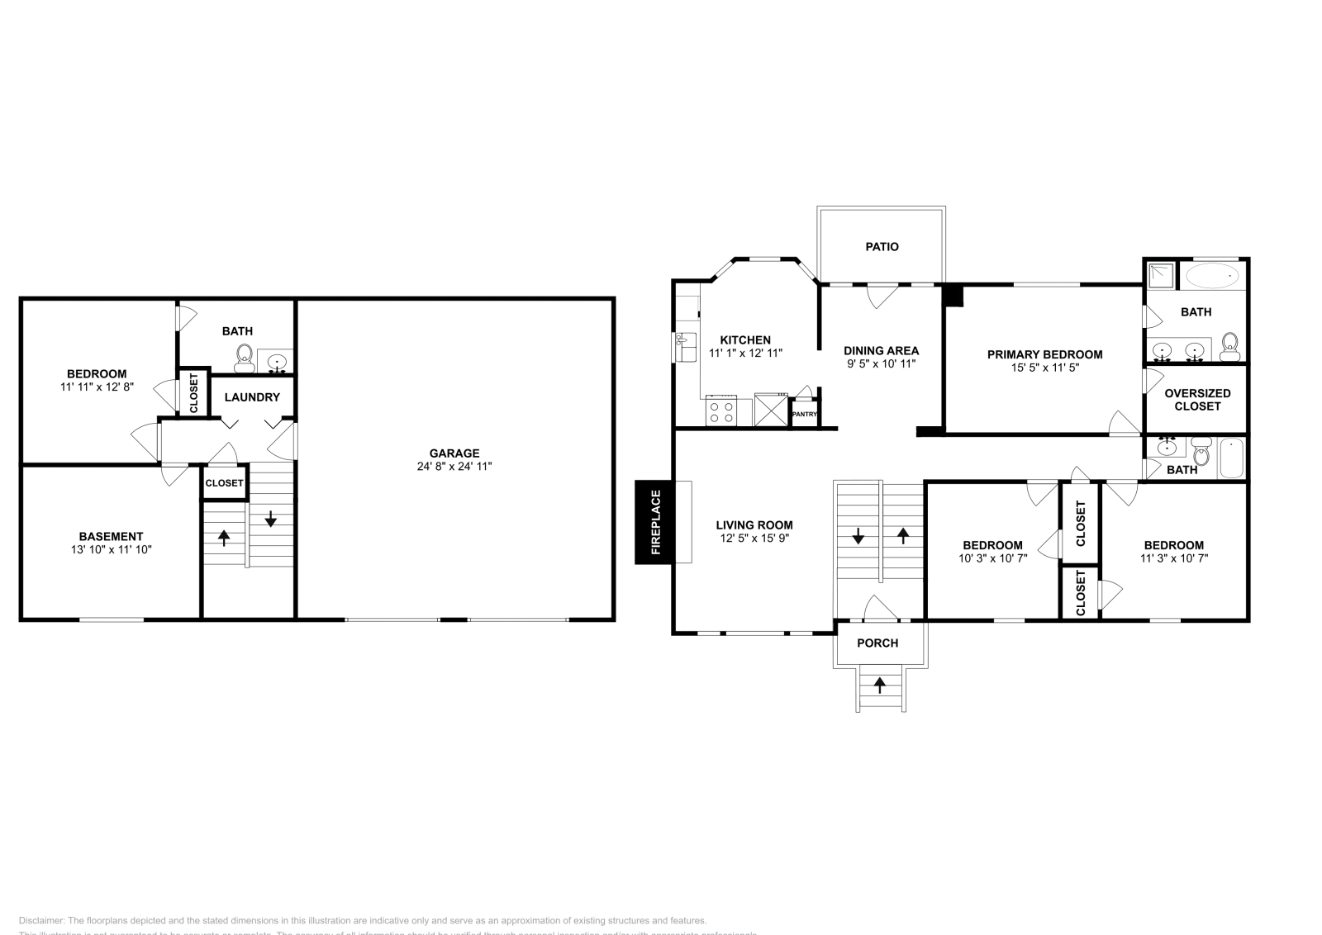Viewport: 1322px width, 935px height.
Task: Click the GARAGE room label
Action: (454, 453)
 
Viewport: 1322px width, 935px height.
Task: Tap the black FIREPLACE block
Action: (654, 522)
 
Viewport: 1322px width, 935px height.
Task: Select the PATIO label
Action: (882, 246)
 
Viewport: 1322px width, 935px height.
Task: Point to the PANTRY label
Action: (804, 415)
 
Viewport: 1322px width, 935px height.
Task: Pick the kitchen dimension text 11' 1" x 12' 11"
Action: (745, 353)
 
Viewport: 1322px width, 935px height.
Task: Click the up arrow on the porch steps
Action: (880, 684)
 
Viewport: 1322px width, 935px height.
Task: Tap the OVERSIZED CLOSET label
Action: (1197, 400)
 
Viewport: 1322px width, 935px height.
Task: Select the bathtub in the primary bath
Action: (1212, 276)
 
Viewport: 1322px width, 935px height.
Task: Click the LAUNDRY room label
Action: (252, 397)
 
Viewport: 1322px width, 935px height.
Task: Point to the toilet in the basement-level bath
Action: (244, 356)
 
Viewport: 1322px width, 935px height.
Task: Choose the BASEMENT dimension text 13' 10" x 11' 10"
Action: (111, 549)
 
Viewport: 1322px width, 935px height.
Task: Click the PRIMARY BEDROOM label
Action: (1044, 354)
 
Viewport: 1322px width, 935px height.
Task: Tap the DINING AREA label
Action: (881, 350)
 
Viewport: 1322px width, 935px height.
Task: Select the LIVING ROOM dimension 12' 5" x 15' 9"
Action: (754, 538)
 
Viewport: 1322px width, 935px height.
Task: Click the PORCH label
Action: (877, 643)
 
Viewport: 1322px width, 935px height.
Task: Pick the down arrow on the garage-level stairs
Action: (270, 520)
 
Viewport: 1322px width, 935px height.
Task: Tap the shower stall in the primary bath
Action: (1162, 276)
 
